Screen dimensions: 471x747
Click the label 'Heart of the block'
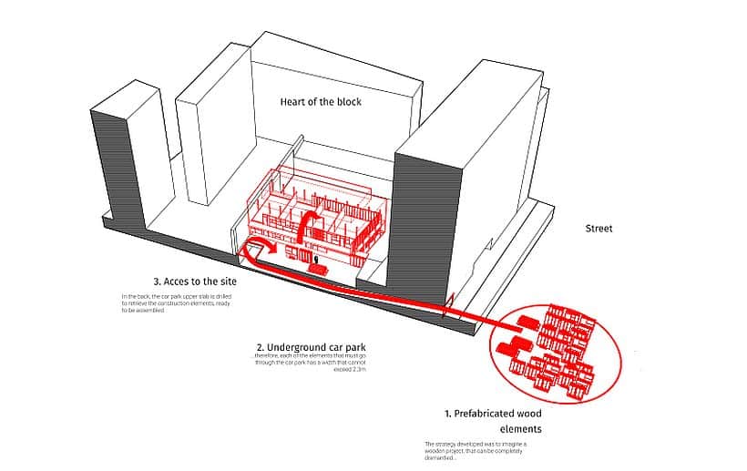[320, 102]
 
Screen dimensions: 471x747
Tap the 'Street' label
[599, 229]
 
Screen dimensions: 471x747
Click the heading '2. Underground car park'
[311, 348]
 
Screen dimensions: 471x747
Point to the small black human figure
[315, 261]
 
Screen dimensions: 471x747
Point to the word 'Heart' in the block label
[294, 102]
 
